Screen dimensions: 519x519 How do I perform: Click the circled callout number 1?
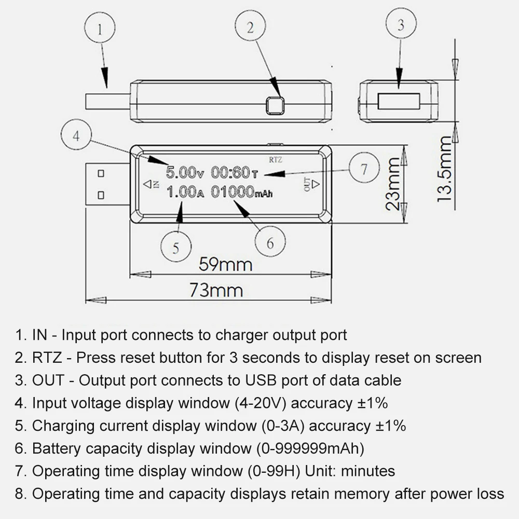(x=100, y=28)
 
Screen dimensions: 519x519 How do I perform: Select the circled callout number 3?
(x=401, y=24)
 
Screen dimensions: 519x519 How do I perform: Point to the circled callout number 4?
(x=76, y=135)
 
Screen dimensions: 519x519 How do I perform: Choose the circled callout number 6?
(x=270, y=242)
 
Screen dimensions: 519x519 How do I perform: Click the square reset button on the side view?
(x=275, y=105)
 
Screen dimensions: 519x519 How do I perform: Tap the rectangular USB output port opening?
(x=399, y=101)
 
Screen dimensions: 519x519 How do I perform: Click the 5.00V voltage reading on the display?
(x=185, y=172)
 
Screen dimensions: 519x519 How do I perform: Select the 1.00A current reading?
(x=185, y=192)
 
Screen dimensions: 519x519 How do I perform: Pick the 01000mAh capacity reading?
(x=242, y=192)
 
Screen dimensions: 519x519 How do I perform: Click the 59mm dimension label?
(x=225, y=265)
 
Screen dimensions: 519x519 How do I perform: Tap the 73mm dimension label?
(x=216, y=290)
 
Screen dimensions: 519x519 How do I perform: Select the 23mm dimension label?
(x=393, y=184)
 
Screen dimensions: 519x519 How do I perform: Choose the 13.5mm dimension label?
(x=444, y=169)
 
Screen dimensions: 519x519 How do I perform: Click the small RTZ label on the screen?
(x=276, y=160)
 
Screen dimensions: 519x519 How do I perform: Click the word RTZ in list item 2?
(x=47, y=358)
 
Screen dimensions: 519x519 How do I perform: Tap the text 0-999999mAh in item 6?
(x=310, y=448)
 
